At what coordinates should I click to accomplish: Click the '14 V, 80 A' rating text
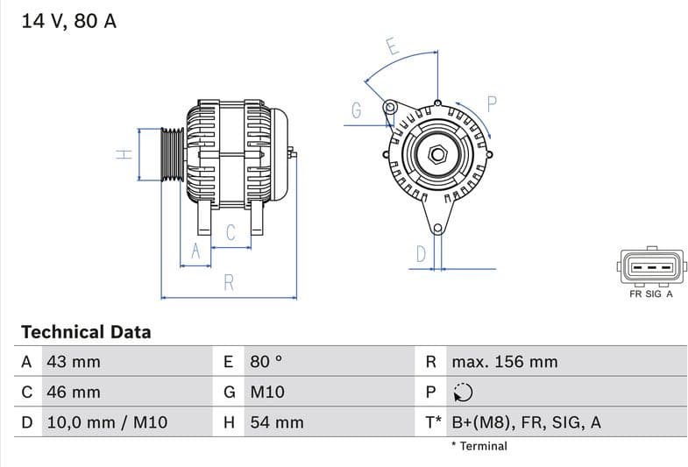click(68, 21)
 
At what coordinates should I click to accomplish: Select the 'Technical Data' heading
click(86, 332)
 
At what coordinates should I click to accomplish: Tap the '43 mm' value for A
click(73, 362)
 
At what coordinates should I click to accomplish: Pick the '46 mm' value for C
click(73, 392)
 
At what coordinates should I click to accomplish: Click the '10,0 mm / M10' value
click(106, 422)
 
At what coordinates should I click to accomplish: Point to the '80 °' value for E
click(266, 362)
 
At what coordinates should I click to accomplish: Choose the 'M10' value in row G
click(267, 392)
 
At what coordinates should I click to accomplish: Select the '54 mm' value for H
click(276, 422)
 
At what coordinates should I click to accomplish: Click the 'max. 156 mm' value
click(504, 362)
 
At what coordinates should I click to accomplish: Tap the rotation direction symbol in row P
click(462, 393)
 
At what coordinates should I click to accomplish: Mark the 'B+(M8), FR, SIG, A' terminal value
click(526, 422)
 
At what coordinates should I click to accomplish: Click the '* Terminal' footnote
click(479, 446)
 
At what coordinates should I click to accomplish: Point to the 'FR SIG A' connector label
click(650, 294)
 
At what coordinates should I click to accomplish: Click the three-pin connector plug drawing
click(650, 268)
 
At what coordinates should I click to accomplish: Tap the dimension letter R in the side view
click(229, 283)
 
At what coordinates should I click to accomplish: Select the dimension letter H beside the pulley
click(124, 154)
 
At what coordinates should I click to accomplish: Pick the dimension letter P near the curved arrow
click(492, 103)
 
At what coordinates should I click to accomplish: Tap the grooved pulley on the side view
click(172, 154)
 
